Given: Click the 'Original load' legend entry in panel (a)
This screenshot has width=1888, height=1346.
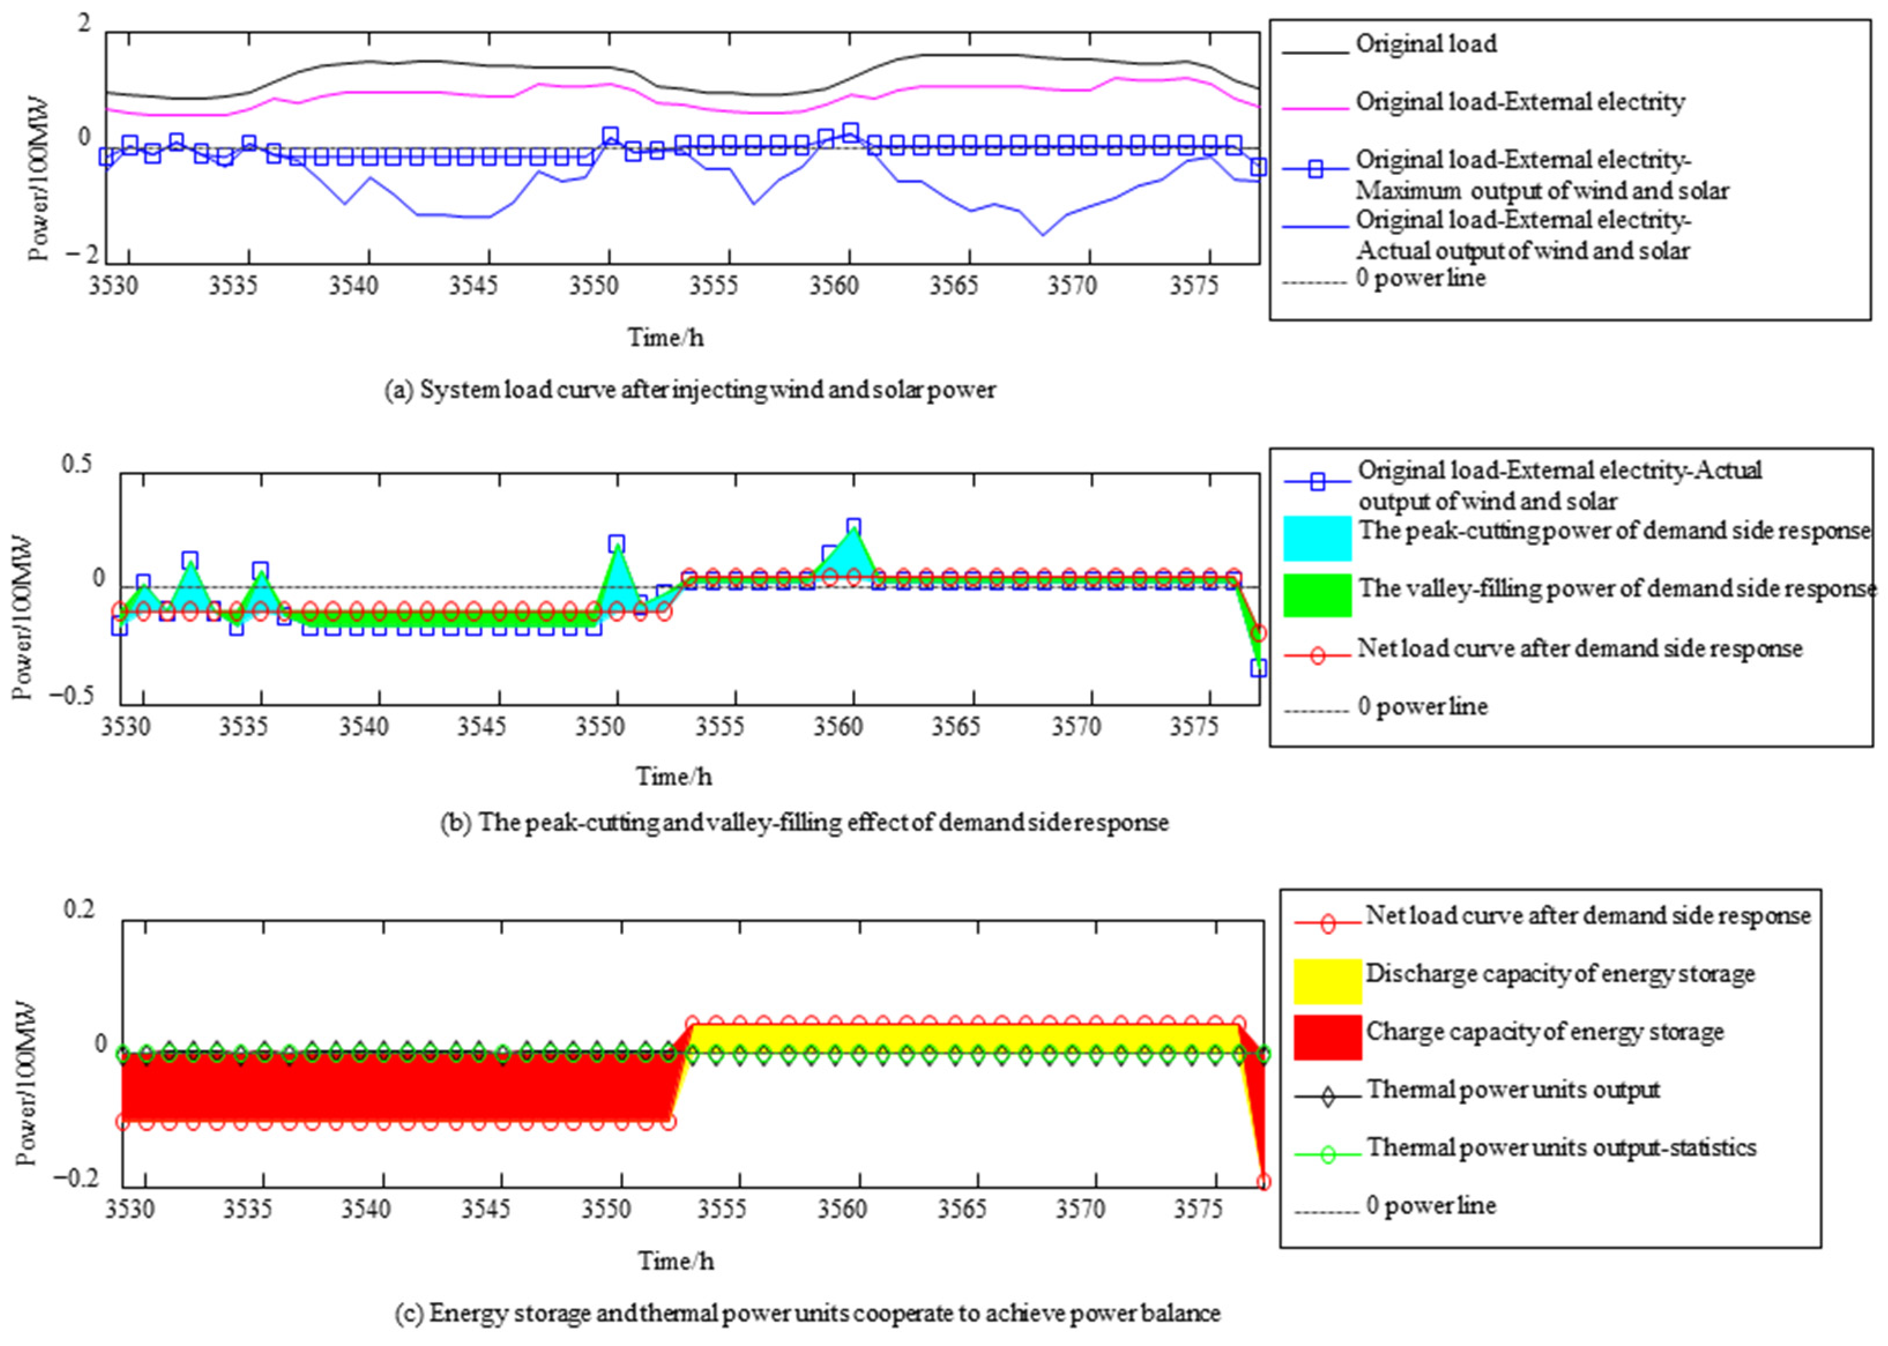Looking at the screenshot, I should (1426, 44).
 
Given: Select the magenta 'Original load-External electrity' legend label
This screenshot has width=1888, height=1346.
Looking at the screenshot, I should (1519, 102).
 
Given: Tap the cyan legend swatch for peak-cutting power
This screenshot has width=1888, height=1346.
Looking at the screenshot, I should (1317, 538).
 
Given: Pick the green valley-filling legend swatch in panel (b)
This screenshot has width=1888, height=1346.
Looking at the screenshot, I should (1317, 595).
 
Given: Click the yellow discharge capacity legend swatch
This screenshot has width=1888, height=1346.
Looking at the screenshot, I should (1327, 980).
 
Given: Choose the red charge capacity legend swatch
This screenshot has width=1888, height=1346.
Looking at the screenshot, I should (1327, 1038).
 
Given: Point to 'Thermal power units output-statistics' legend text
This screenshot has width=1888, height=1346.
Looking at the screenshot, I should (1561, 1148).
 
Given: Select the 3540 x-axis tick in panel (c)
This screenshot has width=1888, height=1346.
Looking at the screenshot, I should (365, 1209).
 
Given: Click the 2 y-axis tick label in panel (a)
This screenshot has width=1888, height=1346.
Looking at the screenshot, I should (84, 23).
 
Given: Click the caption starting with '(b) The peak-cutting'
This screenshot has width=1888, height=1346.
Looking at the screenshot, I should (804, 822).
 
